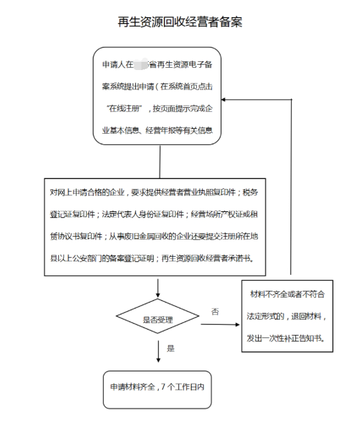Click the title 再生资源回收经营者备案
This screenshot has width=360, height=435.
tap(180, 22)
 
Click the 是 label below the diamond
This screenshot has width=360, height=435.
tap(171, 348)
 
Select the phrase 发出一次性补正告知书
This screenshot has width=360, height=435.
tap(288, 338)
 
